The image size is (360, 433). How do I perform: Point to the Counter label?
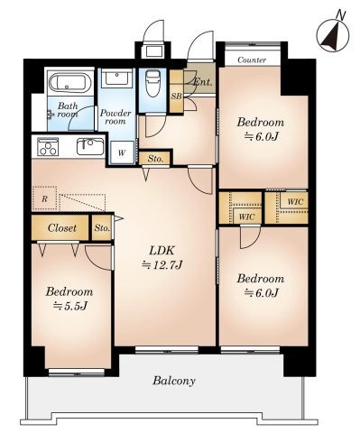coord(252,60)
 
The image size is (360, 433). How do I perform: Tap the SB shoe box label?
coord(177,97)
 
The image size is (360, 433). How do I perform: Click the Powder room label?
coord(116,118)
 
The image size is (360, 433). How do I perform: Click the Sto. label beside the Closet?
coord(102,228)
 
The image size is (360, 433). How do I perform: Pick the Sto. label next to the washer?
coord(156,158)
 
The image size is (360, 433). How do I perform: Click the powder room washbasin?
coord(116,79)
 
